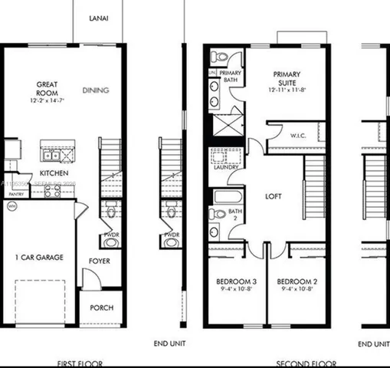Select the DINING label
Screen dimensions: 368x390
point(95,90)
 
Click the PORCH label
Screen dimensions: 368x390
point(101,308)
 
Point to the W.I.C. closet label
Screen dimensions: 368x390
point(298,136)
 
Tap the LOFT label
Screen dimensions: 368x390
point(274,196)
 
